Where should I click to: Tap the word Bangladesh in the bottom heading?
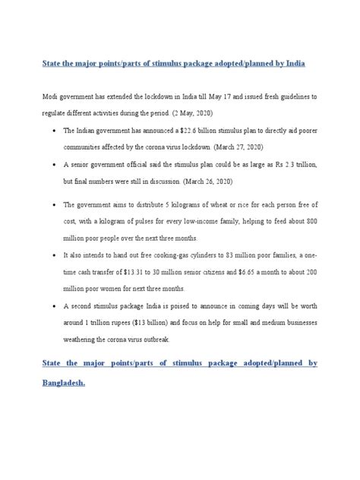[63, 384]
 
